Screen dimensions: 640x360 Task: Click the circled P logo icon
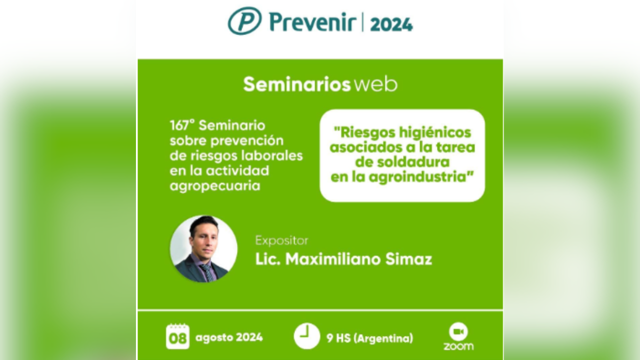pos(244,20)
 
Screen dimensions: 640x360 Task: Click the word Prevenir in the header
pos(313,22)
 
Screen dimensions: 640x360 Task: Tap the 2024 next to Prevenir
pos(391,24)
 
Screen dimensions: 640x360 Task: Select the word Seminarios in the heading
pos(297,84)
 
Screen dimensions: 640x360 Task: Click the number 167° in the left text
pos(182,125)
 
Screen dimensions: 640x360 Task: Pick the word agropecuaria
pos(215,186)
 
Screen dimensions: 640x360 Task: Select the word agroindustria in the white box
pos(417,177)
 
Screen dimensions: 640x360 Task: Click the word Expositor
pos(281,240)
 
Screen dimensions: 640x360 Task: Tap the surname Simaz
pos(408,259)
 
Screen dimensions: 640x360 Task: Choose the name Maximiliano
pos(333,259)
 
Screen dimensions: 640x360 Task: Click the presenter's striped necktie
pos(207,272)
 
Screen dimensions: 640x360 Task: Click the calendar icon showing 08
pos(177,336)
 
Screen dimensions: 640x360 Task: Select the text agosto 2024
pos(229,337)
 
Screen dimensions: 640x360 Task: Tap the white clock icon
pos(307,336)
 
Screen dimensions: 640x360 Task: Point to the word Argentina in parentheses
pos(383,338)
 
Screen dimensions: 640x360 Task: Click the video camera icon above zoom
pos(458,331)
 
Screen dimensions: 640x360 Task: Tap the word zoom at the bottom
pos(458,346)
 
